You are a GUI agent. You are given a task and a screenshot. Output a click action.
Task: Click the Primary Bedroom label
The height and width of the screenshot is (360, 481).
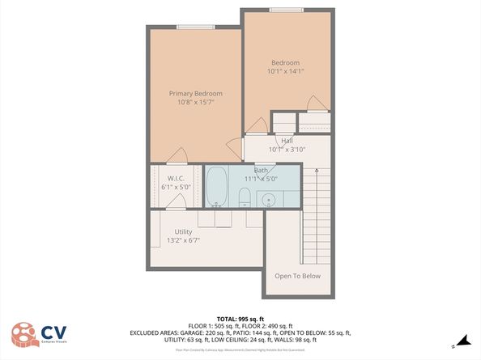click(195, 94)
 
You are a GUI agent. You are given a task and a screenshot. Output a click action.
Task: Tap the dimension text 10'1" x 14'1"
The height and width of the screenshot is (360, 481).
click(285, 71)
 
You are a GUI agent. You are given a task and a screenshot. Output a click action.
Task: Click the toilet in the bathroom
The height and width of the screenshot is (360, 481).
click(245, 196)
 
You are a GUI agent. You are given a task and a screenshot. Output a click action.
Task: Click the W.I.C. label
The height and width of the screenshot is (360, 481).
click(177, 178)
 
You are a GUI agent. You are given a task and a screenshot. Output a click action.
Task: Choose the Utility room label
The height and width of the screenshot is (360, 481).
click(183, 231)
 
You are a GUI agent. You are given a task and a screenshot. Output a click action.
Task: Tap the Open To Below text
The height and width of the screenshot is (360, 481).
click(297, 276)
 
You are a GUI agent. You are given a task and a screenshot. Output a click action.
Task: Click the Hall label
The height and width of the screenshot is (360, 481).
click(287, 141)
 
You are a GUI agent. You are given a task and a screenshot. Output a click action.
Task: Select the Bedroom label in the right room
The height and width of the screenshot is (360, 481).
click(285, 63)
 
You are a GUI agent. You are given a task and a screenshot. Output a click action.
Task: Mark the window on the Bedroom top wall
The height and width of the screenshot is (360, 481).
click(287, 10)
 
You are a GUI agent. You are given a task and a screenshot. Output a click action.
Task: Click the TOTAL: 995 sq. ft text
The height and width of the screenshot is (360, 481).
click(240, 318)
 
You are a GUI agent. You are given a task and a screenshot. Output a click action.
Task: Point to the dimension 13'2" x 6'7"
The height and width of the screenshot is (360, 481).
click(183, 240)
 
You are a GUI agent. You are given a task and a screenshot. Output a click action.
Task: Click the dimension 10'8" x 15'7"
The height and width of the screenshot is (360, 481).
click(195, 103)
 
